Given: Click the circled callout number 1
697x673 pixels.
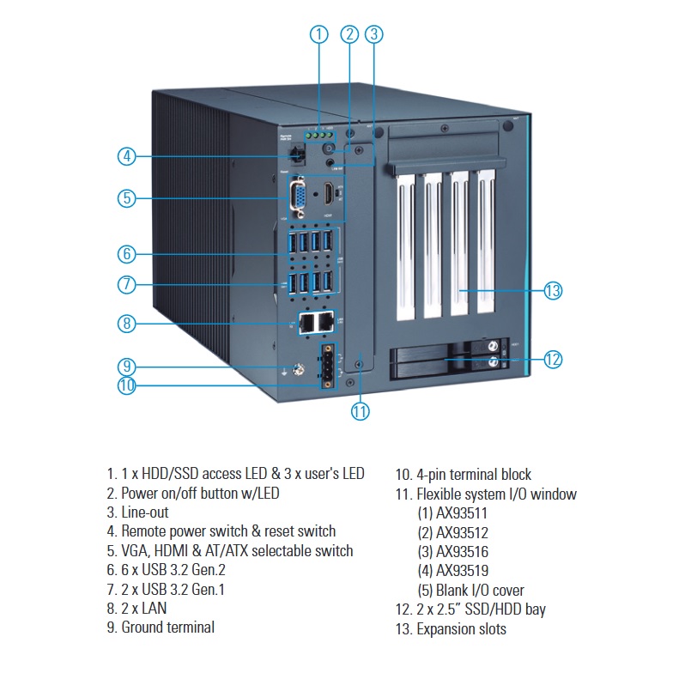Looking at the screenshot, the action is [318, 34].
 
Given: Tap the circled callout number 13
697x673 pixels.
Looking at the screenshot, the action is [553, 291].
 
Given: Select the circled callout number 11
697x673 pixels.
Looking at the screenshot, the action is [360, 411].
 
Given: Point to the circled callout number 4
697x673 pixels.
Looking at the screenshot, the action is [127, 156].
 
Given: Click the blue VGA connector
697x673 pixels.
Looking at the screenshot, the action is [298, 197].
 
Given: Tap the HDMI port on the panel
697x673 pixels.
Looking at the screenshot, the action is [328, 194].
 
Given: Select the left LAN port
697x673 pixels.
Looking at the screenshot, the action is [306, 322].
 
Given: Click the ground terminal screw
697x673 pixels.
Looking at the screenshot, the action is [298, 369].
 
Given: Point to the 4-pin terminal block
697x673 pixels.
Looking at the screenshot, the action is [328, 366].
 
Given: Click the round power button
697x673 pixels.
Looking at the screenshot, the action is [330, 149].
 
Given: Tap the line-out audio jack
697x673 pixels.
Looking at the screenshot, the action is [330, 163].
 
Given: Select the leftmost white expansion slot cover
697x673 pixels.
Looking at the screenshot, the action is [404, 246].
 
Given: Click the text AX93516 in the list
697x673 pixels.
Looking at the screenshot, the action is [462, 552].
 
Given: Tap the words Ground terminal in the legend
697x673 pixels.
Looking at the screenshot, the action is [167, 628].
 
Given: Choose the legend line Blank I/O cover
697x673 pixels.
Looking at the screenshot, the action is [471, 591].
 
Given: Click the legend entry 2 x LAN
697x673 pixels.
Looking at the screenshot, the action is [136, 608].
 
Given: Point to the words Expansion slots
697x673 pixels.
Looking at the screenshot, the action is [462, 629].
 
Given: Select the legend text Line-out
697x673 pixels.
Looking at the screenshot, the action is [145, 512].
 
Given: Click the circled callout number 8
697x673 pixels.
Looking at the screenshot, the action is [127, 323].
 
